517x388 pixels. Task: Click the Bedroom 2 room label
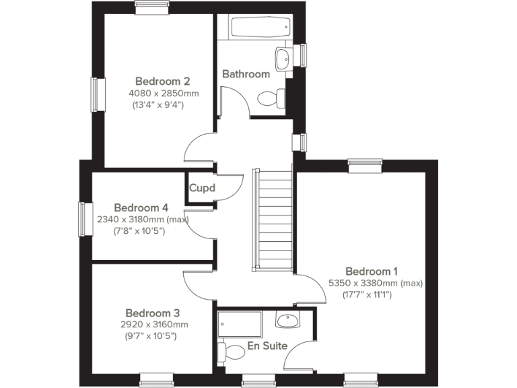(158, 82)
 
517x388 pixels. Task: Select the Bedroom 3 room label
(152, 313)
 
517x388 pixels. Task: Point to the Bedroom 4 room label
(141, 207)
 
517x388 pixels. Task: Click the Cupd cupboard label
(201, 188)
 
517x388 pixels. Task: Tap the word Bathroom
(246, 74)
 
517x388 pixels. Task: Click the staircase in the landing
(273, 218)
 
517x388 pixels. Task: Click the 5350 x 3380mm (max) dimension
(374, 284)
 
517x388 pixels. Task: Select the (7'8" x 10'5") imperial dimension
(139, 231)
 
